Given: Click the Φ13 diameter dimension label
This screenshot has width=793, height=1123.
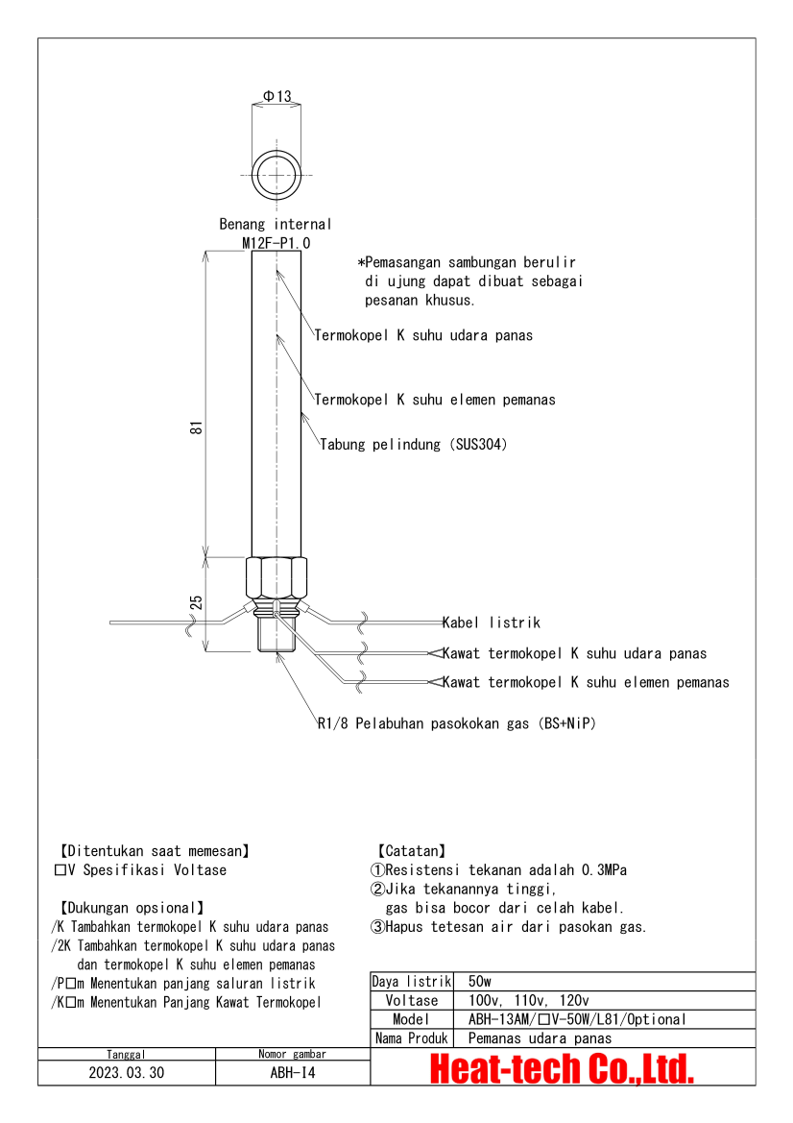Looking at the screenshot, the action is click(x=277, y=96).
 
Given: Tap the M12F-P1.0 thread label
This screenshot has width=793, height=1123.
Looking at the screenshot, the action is click(x=276, y=243).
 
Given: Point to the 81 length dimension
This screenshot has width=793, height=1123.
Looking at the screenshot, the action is click(x=196, y=427).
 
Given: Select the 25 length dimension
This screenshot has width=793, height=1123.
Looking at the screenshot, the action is click(x=196, y=603).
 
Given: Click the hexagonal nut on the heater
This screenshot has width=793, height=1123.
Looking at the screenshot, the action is click(x=276, y=578).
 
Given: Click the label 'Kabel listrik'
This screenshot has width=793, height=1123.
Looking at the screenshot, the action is click(x=491, y=623).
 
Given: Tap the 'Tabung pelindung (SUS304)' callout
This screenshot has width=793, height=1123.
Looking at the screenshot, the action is click(x=413, y=444).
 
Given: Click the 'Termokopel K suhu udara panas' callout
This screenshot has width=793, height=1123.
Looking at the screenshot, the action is click(x=423, y=335).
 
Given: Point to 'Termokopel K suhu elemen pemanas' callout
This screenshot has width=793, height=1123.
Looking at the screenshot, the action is click(x=435, y=400).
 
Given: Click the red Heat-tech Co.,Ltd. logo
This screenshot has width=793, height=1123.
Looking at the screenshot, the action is click(x=562, y=1068).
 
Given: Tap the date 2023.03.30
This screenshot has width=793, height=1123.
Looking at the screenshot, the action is click(x=127, y=1073).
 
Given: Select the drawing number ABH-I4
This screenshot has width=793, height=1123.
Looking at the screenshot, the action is click(x=293, y=1073).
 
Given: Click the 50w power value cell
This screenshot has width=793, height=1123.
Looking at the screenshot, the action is click(x=479, y=981).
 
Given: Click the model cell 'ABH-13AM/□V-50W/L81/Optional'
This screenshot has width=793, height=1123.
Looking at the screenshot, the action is click(x=577, y=1019).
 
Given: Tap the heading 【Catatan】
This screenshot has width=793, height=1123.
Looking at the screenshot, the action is click(x=412, y=851).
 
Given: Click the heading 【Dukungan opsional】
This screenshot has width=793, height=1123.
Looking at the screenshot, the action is click(x=132, y=908).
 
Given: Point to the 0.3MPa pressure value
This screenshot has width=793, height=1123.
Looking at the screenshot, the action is click(x=604, y=870).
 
